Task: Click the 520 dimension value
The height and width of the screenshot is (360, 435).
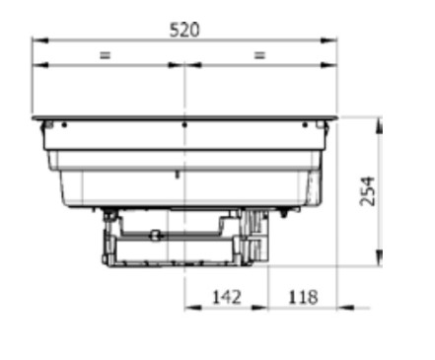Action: coord(184,30)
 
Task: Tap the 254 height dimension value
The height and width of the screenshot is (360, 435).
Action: coord(368,191)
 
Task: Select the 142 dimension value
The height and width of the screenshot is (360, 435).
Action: coord(227,297)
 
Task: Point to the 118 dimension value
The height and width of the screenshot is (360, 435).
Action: coord(303,297)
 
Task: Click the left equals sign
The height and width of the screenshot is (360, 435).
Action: coord(105,55)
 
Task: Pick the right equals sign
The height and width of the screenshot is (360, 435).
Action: coord(259,55)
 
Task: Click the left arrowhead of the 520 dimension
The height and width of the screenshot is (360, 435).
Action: coord(40,40)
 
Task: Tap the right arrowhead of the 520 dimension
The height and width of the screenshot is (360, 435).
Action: coord(328,40)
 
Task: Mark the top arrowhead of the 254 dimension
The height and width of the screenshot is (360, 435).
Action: coord(379,125)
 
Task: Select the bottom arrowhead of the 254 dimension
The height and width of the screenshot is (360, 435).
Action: coord(379,257)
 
